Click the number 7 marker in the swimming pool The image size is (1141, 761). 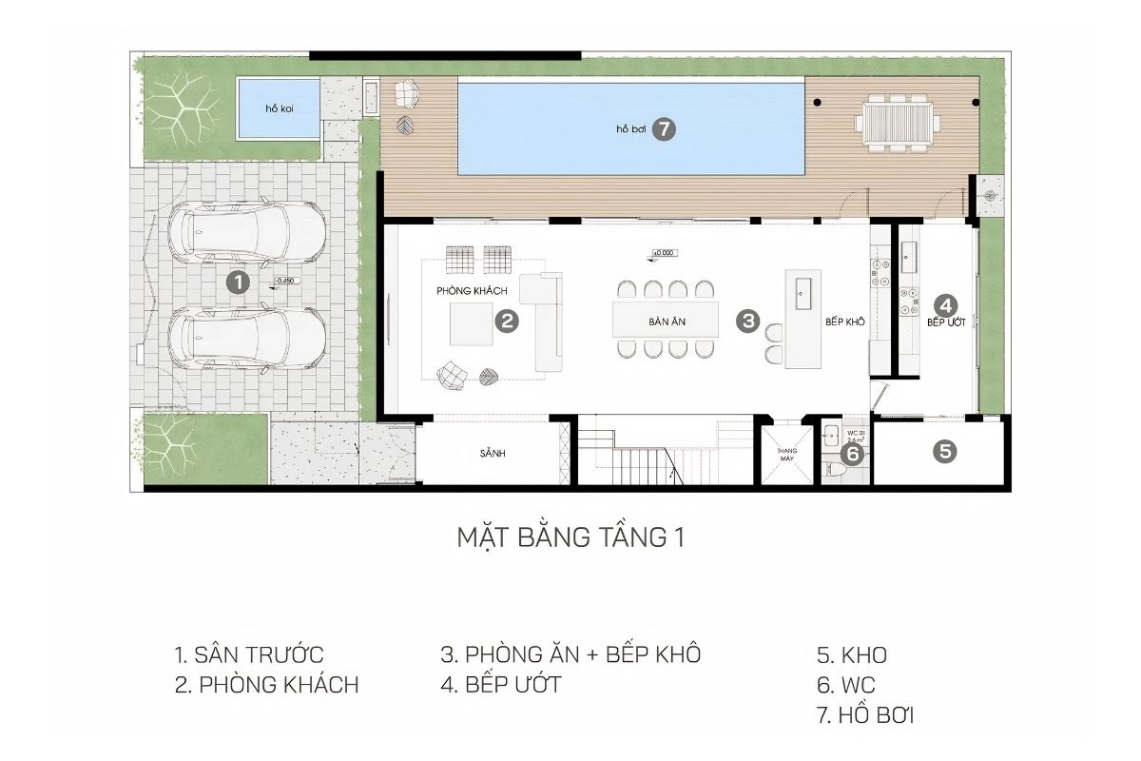click(664, 129)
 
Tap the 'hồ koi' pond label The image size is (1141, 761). click(279, 109)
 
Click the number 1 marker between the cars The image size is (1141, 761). click(237, 282)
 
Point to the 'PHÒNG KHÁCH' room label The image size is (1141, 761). click(473, 290)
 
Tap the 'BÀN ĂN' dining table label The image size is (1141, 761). click(667, 322)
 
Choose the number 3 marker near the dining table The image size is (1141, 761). click(748, 322)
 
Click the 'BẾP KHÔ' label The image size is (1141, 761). click(844, 322)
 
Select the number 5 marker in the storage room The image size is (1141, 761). click(944, 451)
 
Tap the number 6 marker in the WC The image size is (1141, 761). click(853, 455)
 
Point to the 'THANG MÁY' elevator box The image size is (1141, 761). click(786, 454)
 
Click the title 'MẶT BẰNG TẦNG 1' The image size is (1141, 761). click(570, 537)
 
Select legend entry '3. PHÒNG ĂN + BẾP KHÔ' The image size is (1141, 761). click(570, 654)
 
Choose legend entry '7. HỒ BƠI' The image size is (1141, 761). click(864, 715)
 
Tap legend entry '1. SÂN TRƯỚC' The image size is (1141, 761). click(249, 654)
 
